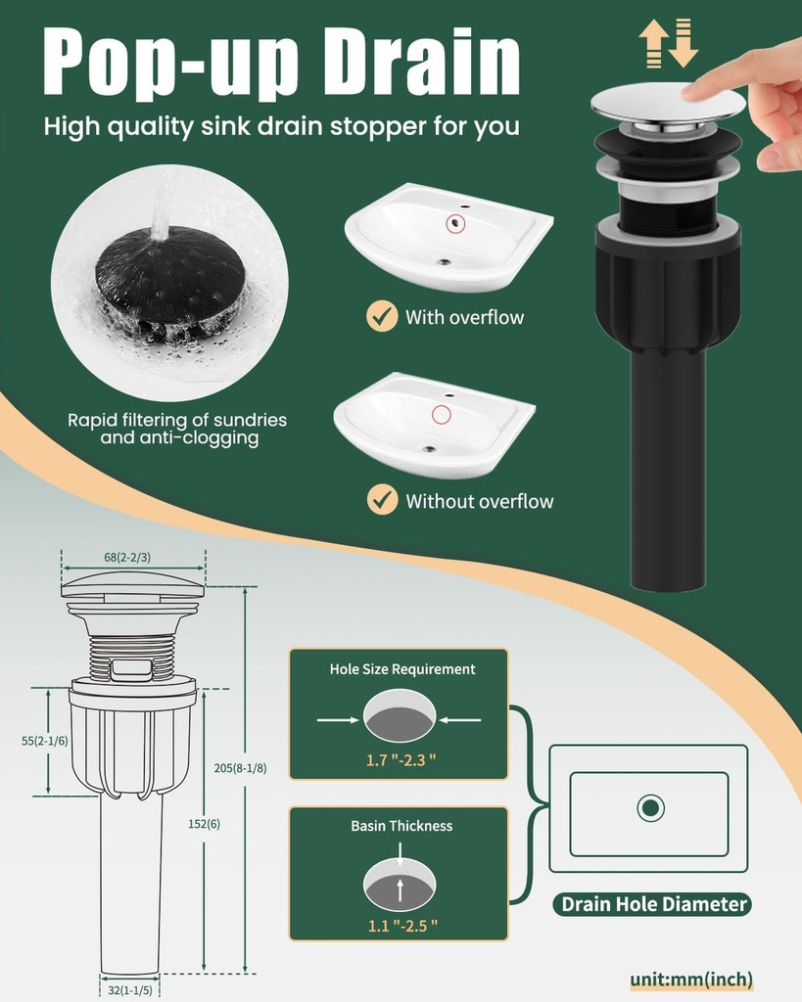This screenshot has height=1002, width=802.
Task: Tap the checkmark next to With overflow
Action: coord(383,316)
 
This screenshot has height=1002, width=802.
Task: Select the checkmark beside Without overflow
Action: coord(383,500)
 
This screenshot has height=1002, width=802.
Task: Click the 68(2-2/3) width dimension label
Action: coord(127,557)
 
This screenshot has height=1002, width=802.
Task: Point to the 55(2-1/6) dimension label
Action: coord(45,741)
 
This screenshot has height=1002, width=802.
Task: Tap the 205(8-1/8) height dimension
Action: coord(241,768)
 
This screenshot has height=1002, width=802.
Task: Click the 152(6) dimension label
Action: coord(204,824)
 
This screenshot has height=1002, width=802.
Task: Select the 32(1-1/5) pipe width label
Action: coord(130,990)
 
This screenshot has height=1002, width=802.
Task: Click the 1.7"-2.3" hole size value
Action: coord(401,759)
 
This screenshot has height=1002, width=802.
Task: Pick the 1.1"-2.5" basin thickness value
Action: coord(402,926)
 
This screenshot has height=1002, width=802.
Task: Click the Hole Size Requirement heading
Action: coord(402,669)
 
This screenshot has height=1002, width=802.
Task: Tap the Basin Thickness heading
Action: coord(401,826)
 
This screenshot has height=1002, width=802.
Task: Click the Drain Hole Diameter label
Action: coord(653,904)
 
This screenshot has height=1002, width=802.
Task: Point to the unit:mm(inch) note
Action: coord(691,979)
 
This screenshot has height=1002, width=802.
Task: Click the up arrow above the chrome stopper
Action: coord(653,43)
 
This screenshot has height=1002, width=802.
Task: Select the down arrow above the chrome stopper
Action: coord(684,43)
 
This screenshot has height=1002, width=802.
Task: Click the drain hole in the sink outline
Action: coord(651,807)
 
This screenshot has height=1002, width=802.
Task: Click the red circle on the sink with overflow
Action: coord(454,223)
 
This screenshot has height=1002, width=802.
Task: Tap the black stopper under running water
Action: coord(170,279)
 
